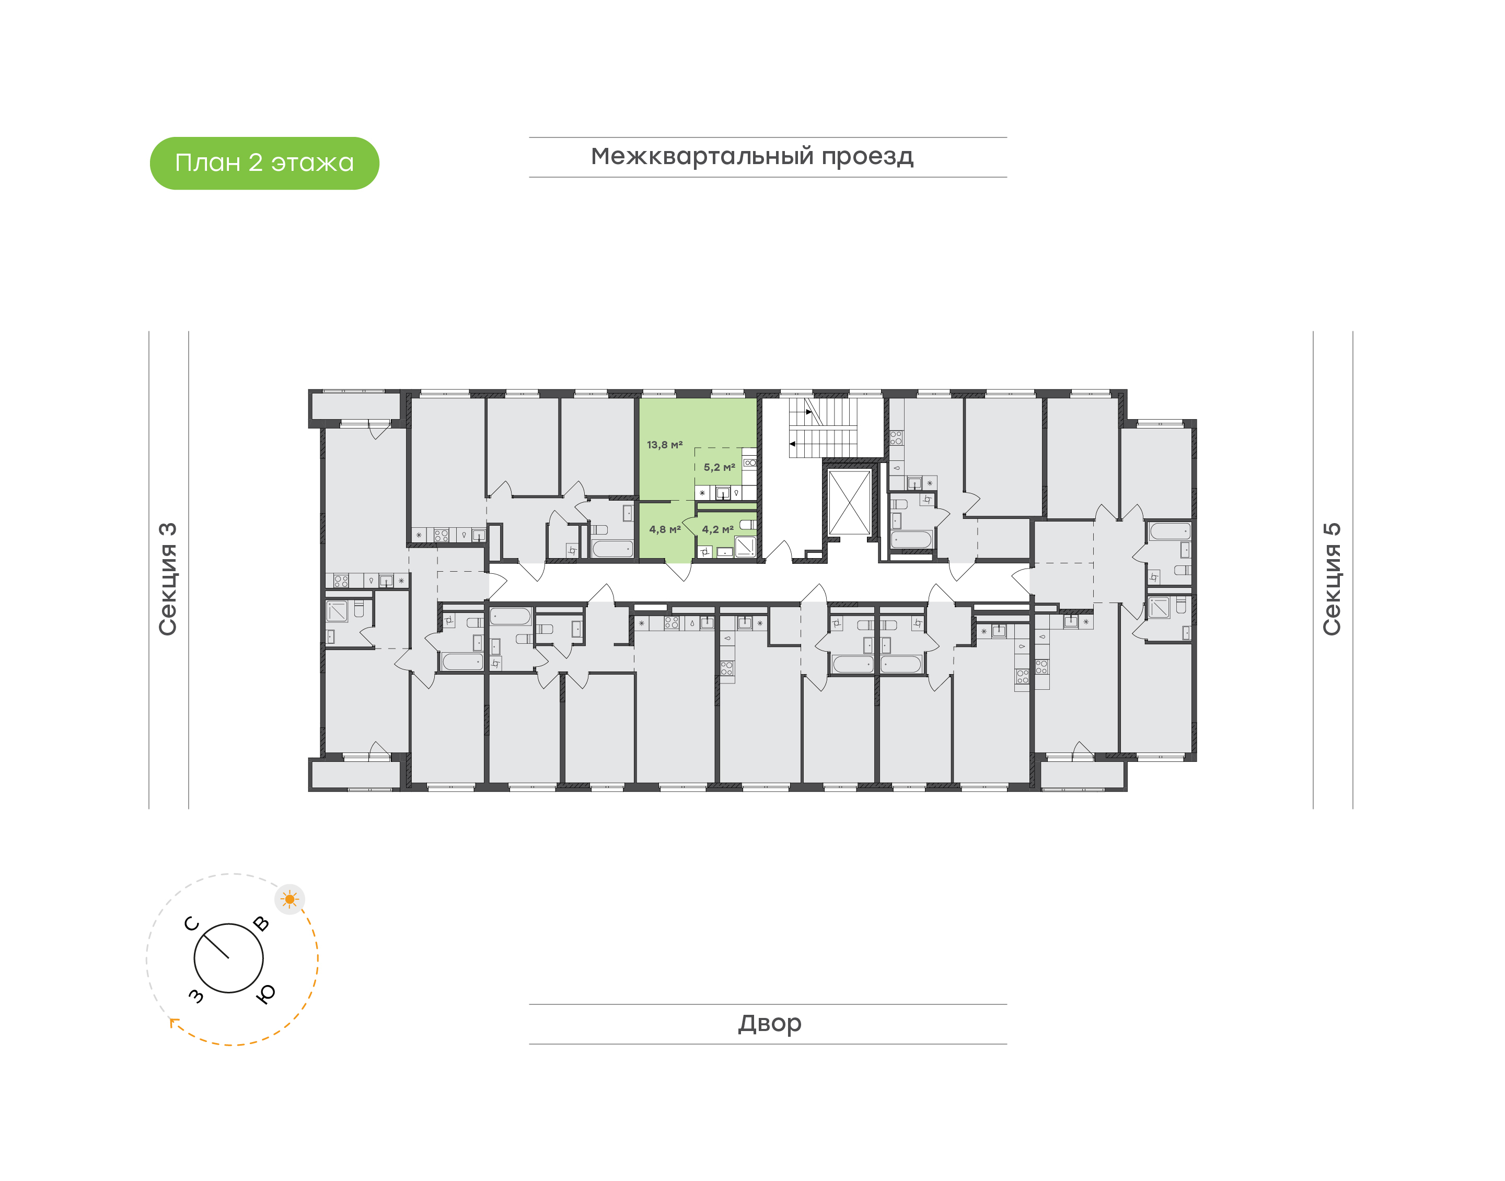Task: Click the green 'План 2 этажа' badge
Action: [264, 163]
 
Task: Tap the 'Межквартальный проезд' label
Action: [752, 157]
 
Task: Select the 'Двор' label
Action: [769, 1023]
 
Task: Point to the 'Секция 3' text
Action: [168, 579]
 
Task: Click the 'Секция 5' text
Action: [1332, 579]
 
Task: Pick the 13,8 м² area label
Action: [664, 445]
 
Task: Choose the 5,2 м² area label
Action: [719, 467]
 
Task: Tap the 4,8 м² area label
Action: [664, 530]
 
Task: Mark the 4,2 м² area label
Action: [717, 530]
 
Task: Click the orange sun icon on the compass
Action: [290, 899]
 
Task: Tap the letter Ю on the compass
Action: [265, 993]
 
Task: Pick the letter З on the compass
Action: [196, 995]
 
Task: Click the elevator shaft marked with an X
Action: [849, 503]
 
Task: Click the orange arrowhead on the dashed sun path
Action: [174, 1023]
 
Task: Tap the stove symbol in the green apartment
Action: [749, 462]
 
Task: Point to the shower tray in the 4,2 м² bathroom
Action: [745, 547]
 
